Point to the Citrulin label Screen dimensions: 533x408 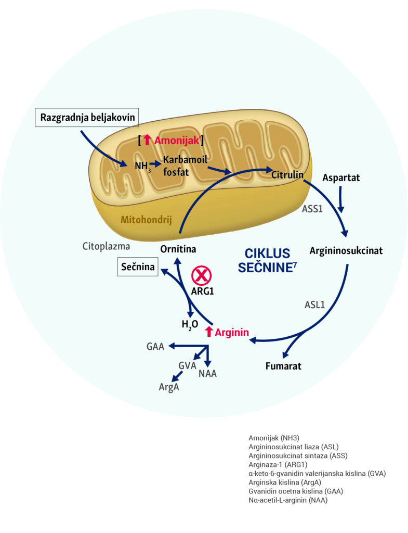tap(287, 175)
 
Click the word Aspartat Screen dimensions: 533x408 tap(341, 177)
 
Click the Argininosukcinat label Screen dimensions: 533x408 tap(346, 250)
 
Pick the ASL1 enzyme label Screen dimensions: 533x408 tap(314, 304)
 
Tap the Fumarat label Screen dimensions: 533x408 tap(283, 365)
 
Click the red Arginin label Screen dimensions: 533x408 tap(233, 332)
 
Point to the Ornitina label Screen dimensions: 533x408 tap(178, 249)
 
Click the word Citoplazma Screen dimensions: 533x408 tap(106, 246)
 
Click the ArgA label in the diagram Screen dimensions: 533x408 tap(169, 387)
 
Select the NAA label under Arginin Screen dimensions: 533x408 tap(208, 373)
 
